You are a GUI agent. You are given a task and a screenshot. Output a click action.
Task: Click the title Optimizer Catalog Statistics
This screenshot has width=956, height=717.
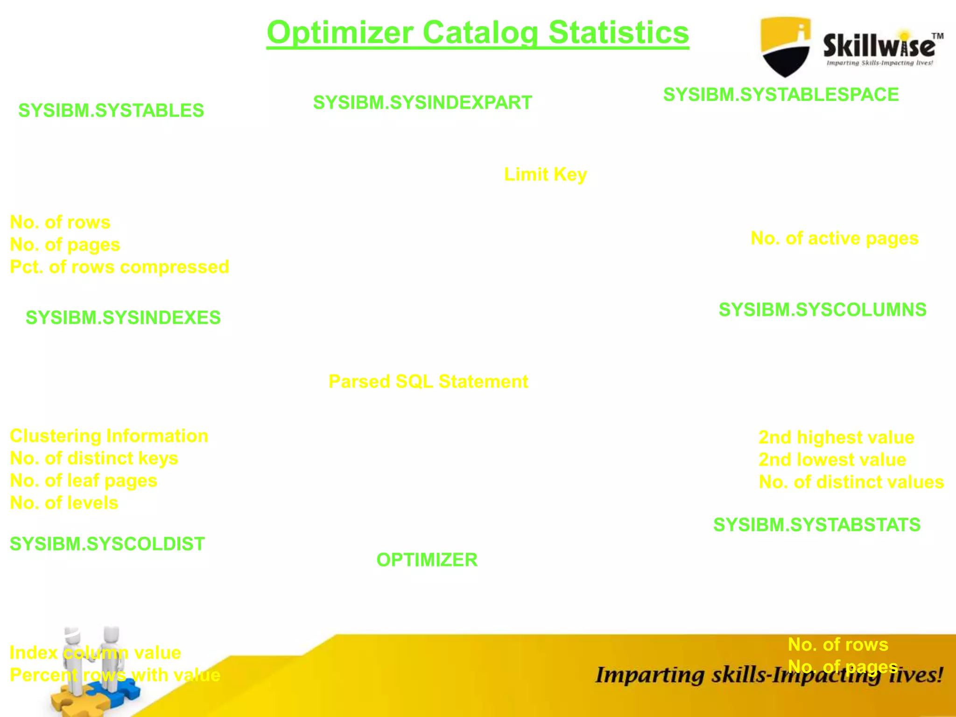478,33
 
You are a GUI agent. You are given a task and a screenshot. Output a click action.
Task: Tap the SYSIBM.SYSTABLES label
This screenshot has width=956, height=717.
111,111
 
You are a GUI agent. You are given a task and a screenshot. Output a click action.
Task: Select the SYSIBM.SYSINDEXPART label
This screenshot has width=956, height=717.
422,103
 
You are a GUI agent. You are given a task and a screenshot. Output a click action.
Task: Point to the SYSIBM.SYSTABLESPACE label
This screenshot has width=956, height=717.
781,95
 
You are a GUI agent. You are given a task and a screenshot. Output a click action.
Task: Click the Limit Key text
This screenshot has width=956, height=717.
545,175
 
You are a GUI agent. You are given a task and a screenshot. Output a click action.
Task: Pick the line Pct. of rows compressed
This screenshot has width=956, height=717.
119,267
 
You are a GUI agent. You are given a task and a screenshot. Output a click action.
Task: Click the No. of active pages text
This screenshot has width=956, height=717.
834,239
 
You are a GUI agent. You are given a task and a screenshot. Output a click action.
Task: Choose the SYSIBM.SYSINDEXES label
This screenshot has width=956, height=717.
123,318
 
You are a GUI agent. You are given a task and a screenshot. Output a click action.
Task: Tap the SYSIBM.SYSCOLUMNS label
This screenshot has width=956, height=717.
822,310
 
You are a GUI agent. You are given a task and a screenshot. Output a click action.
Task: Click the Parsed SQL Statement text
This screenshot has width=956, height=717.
428,382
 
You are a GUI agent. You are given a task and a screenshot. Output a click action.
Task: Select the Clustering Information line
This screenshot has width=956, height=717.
109,436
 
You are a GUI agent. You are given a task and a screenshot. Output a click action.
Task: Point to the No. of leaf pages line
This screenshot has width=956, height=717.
84,481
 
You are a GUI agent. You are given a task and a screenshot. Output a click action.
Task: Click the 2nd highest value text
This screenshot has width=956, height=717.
836,437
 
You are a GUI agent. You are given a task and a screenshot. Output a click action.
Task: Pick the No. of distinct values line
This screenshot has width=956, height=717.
851,482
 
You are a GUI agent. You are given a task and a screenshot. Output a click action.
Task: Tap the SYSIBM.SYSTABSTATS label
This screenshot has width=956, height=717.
817,525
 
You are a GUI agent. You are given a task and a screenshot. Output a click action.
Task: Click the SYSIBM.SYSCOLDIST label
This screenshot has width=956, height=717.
107,544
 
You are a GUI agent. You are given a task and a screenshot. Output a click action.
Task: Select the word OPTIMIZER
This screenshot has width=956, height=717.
427,560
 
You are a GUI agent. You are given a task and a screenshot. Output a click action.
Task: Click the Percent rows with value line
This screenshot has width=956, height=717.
115,675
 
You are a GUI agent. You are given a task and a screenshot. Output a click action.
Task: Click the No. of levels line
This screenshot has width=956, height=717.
64,503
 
